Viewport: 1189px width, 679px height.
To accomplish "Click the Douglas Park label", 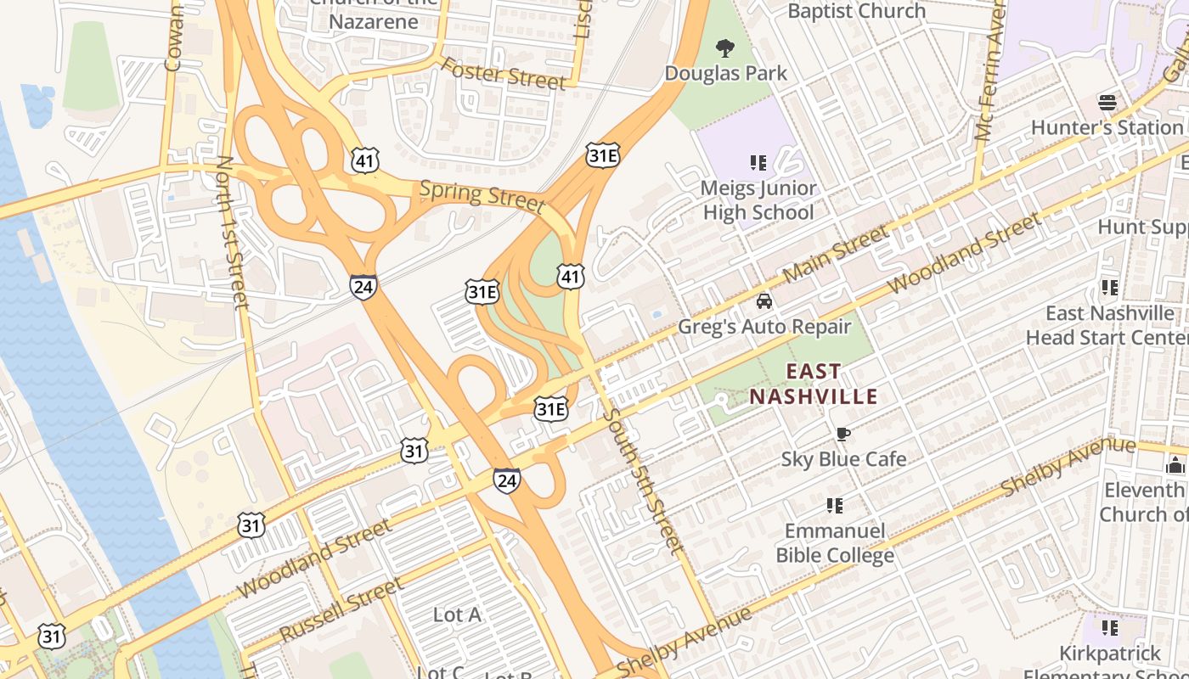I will coord(725,73).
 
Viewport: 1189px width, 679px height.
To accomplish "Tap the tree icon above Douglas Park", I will coord(725,48).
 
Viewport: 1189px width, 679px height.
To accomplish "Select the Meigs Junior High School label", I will coord(758,200).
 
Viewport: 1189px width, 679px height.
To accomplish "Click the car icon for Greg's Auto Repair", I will coord(764,301).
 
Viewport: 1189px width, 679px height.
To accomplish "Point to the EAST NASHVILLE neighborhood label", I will coord(813,384).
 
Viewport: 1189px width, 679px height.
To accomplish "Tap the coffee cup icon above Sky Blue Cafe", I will coord(842,435).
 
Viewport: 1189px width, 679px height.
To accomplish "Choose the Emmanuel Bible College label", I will coord(835,543).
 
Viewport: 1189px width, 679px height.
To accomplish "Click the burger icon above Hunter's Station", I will coord(1107,103).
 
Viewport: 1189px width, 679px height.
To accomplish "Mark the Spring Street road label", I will coord(482,196).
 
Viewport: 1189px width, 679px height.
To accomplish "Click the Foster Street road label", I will coord(503,74).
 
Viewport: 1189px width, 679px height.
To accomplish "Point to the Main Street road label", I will coord(836,254).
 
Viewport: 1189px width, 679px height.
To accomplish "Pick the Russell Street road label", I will coord(341,610).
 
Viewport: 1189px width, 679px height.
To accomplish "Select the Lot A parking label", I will coord(457,614).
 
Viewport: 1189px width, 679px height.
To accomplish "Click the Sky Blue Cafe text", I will coord(843,459).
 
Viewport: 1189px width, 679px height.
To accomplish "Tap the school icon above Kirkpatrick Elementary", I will coord(1109,628).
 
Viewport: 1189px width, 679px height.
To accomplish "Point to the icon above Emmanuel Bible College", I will coord(835,506).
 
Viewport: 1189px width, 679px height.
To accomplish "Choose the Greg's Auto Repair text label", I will coord(764,327).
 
